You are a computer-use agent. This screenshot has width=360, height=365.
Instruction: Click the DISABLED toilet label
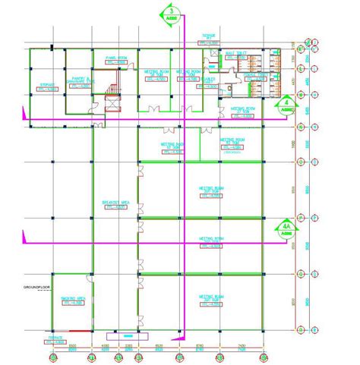[x=210, y=78]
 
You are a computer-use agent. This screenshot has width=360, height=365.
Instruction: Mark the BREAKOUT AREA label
[x=114, y=203]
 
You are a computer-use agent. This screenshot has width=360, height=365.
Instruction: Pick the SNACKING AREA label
[x=72, y=299]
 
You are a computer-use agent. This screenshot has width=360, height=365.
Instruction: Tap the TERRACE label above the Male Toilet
[x=210, y=36]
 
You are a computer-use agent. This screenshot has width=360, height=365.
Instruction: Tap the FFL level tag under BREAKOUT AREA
[x=114, y=207]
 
